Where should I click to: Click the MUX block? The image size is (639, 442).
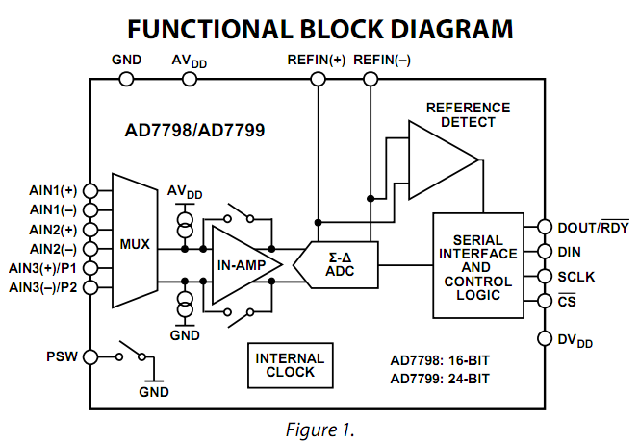click(135, 243)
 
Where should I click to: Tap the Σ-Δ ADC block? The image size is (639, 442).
click(342, 263)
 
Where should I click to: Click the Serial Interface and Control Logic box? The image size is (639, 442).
click(478, 265)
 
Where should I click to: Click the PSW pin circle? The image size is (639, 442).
click(90, 356)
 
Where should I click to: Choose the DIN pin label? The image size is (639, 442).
click(573, 253)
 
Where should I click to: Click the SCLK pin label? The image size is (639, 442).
click(577, 277)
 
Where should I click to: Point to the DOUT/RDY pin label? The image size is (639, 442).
click(592, 228)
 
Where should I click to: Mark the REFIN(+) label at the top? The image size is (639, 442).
click(317, 60)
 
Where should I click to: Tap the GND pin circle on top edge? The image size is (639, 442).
click(126, 78)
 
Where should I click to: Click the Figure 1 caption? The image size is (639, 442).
click(319, 430)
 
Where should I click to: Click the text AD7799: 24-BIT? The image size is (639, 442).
click(440, 379)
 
